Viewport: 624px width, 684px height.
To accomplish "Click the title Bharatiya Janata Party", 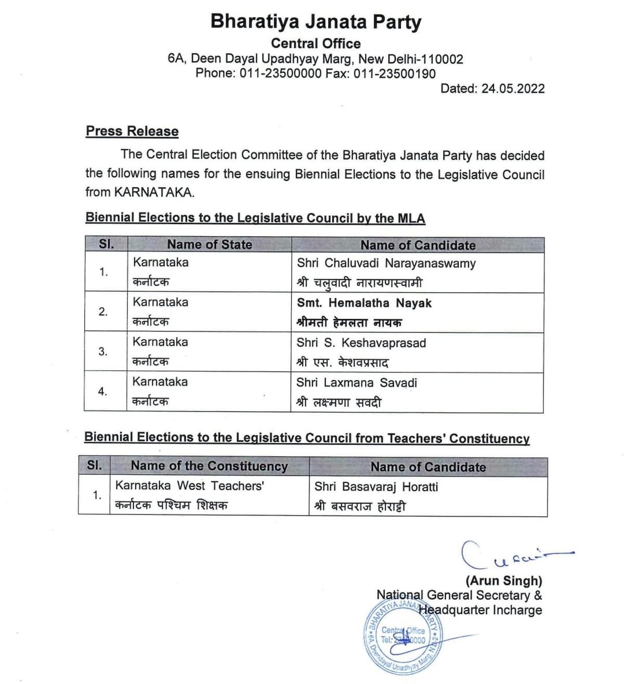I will tap(316, 22).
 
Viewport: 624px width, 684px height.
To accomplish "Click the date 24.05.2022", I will tap(513, 88).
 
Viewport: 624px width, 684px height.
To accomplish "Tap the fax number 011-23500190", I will tap(394, 74).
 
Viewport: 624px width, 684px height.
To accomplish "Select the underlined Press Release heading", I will tap(132, 131).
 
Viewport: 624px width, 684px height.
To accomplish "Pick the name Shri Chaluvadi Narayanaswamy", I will tap(386, 263).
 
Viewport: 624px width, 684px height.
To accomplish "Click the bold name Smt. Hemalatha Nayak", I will tap(364, 303).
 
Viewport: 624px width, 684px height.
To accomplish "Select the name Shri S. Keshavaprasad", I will tap(361, 343).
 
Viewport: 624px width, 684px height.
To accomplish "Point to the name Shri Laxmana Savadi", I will tap(357, 383).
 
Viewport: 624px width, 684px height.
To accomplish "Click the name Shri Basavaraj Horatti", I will tap(376, 487).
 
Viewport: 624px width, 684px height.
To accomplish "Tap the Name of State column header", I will tap(209, 244).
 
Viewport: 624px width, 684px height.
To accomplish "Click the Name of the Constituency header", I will tap(209, 466).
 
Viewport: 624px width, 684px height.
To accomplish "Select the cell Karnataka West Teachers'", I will tap(190, 486).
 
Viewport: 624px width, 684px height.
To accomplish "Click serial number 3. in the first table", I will tap(103, 352).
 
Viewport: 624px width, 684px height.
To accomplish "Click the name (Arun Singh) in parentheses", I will tap(503, 580).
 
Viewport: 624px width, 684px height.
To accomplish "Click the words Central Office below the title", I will tap(316, 44).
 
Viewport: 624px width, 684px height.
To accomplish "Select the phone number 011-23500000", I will tap(280, 74).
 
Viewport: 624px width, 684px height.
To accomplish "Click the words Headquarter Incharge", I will tap(480, 610).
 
